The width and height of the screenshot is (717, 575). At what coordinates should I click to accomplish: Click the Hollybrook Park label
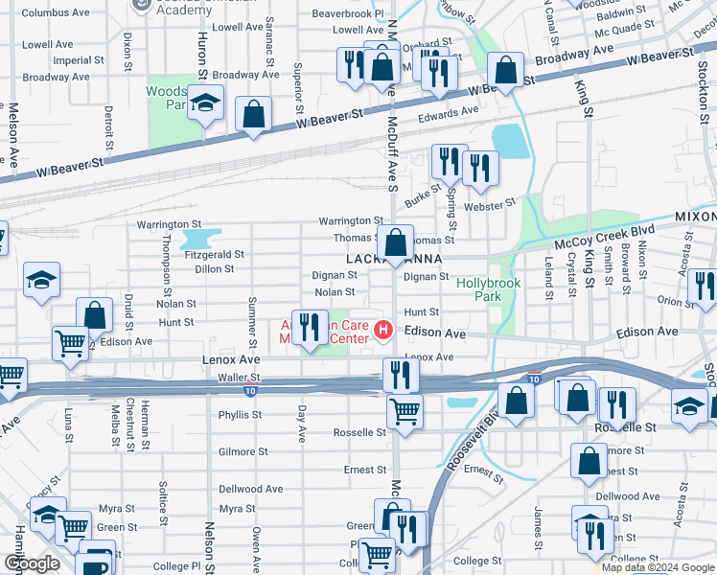[479, 289]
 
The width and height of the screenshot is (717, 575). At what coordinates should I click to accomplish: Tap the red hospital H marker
[384, 331]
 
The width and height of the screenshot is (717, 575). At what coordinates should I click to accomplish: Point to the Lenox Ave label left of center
[231, 358]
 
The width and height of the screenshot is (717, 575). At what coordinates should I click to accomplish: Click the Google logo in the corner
[32, 563]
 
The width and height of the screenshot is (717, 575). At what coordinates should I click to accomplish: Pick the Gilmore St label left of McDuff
[243, 451]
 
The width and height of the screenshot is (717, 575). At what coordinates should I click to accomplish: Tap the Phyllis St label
[240, 415]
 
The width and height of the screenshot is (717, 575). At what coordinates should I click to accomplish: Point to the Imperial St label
[72, 60]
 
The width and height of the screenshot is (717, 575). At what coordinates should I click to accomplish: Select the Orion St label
[677, 301]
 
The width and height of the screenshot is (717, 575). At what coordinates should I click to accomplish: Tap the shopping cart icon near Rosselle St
[405, 411]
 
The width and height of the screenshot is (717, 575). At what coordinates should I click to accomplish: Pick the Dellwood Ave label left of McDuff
[251, 489]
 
